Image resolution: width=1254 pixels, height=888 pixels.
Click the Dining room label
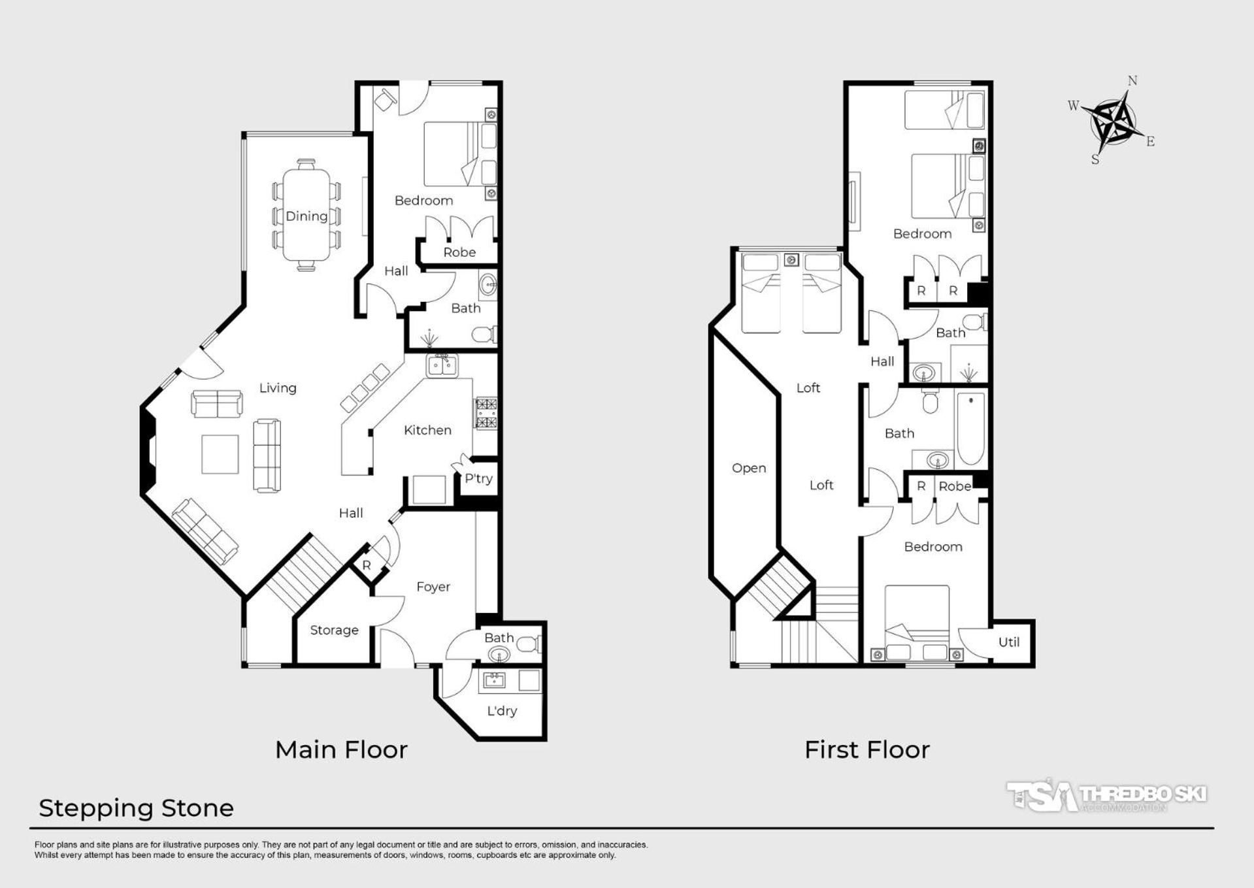click(x=306, y=216)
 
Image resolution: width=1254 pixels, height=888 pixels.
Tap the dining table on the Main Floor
click(x=306, y=214)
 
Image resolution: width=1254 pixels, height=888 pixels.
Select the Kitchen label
click(x=427, y=430)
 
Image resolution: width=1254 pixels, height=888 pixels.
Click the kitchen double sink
click(x=442, y=365)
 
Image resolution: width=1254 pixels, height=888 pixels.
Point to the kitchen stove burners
click(x=486, y=414)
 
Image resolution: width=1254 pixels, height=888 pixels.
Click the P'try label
click(x=478, y=478)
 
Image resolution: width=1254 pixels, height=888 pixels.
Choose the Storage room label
click(x=334, y=630)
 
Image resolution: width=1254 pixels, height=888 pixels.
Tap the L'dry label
click(x=502, y=711)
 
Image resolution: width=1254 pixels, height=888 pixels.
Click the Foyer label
click(x=433, y=587)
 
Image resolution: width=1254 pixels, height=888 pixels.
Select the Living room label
click(x=278, y=388)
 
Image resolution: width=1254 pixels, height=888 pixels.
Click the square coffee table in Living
click(x=220, y=454)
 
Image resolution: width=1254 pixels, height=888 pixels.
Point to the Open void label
click(x=749, y=469)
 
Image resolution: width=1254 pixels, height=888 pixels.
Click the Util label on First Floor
click(x=1009, y=642)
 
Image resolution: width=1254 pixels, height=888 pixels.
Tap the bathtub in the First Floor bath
click(x=971, y=427)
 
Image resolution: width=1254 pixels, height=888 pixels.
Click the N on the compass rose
click(x=1132, y=80)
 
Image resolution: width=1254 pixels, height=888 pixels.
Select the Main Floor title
click(x=341, y=750)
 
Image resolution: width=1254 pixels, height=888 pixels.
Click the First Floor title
click(x=867, y=750)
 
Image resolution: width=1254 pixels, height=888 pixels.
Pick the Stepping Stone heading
click(x=136, y=809)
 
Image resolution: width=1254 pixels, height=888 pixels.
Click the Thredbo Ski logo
click(x=1106, y=796)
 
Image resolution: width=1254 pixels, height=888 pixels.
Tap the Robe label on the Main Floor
click(x=459, y=252)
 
